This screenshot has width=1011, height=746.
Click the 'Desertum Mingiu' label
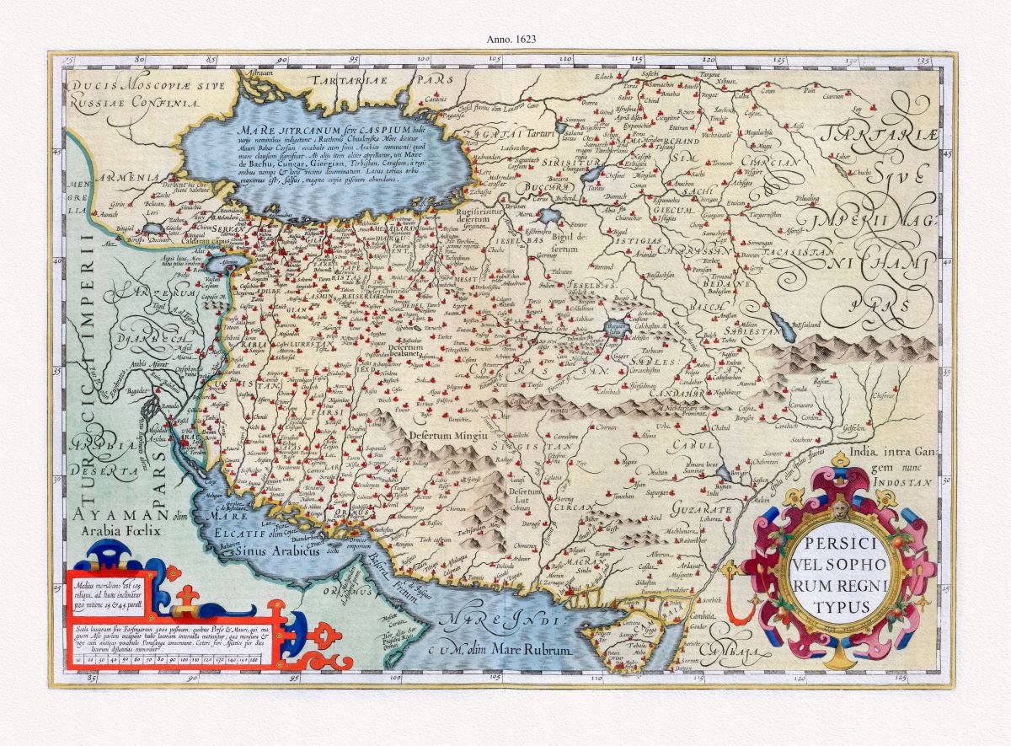click(448, 436)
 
